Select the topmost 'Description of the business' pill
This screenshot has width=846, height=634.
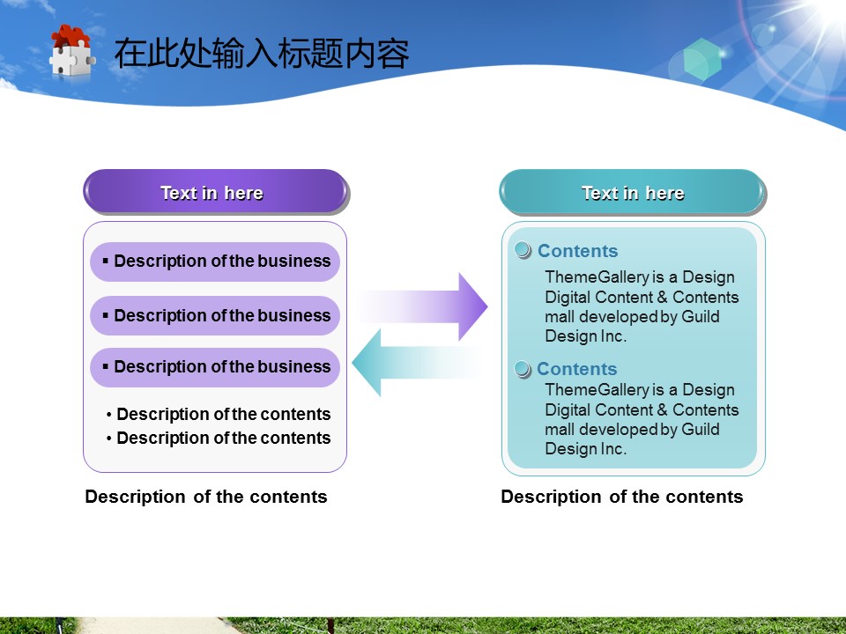215,262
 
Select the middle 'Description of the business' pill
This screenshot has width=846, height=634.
215,315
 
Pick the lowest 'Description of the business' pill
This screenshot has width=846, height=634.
215,367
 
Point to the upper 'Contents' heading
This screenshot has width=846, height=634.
577,251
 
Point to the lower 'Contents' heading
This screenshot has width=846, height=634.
576,369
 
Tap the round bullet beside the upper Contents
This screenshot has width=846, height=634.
523,251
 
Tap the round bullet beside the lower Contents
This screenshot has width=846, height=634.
523,369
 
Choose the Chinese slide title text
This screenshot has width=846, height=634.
261,54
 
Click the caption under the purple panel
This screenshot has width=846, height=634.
205,497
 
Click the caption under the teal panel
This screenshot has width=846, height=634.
621,497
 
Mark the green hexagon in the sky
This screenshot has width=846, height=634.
702,59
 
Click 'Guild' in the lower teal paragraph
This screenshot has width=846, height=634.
700,429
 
